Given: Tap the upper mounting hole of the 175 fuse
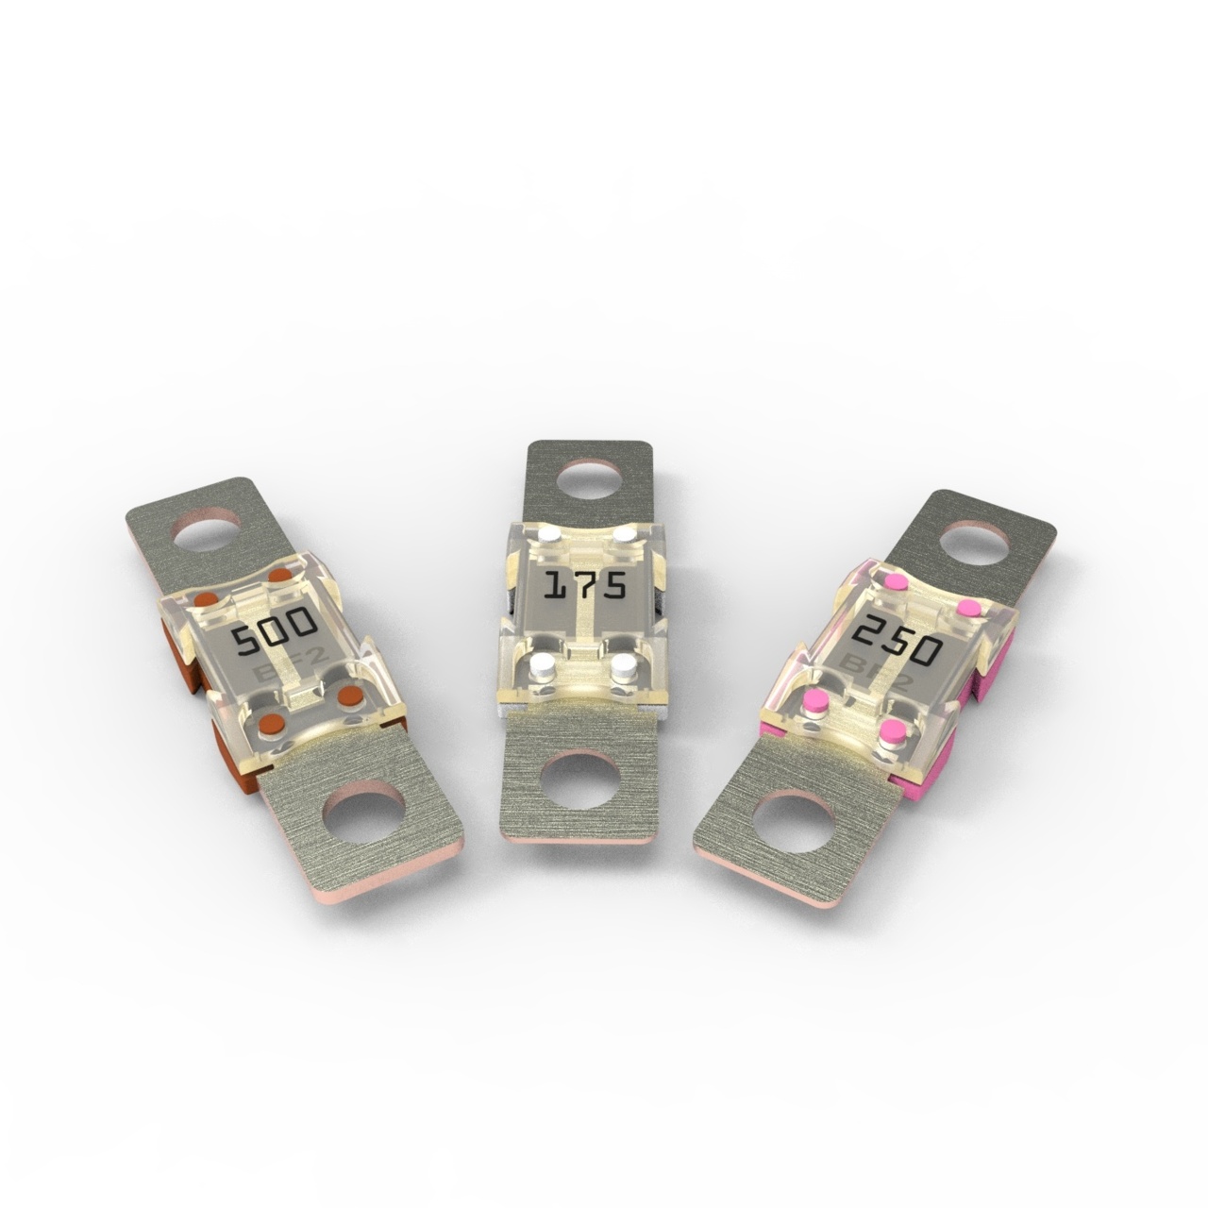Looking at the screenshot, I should pyautogui.click(x=587, y=480).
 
